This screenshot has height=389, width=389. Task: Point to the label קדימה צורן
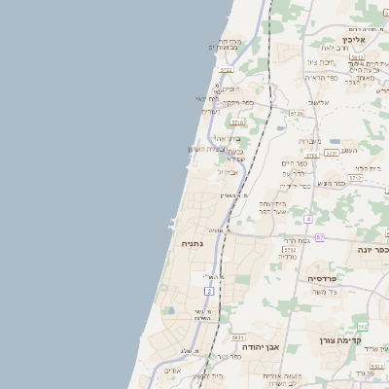point(340,341)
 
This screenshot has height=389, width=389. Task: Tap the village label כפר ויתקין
point(236,102)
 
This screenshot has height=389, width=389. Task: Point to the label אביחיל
point(228,172)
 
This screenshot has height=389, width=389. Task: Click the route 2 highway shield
point(209,291)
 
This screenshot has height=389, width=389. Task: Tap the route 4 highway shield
point(308,219)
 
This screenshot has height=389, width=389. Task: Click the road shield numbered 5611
point(237,336)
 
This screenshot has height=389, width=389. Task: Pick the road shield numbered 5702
point(290,250)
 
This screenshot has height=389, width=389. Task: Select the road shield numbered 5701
point(332,153)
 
